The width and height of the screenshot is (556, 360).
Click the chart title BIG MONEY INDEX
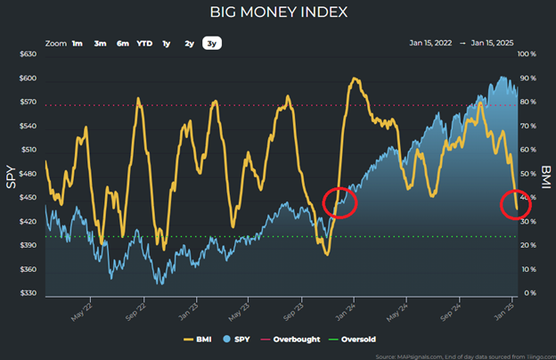[278, 12]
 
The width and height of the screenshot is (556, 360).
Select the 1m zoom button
[78, 43]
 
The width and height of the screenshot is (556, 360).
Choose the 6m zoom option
[122, 43]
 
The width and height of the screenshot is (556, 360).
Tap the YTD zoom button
[144, 43]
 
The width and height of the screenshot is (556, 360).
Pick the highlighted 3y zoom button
[211, 43]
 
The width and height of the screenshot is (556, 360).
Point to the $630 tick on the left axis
[27, 54]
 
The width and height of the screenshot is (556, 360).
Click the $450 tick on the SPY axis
[27, 198]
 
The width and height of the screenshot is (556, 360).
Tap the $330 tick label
[27, 293]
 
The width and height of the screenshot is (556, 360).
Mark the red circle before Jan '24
[339, 202]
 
